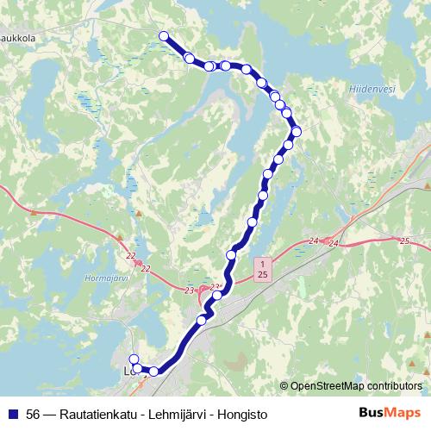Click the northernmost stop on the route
[163, 35]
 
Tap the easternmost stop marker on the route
[297, 131]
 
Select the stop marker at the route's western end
[133, 360]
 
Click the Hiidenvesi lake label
[372, 88]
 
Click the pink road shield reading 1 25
[262, 266]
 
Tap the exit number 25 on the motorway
[404, 240]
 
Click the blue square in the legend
[13, 415]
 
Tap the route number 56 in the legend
[34, 415]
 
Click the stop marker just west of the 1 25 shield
[231, 254]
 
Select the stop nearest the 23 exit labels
[216, 296]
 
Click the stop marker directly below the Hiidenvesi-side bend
[289, 145]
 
